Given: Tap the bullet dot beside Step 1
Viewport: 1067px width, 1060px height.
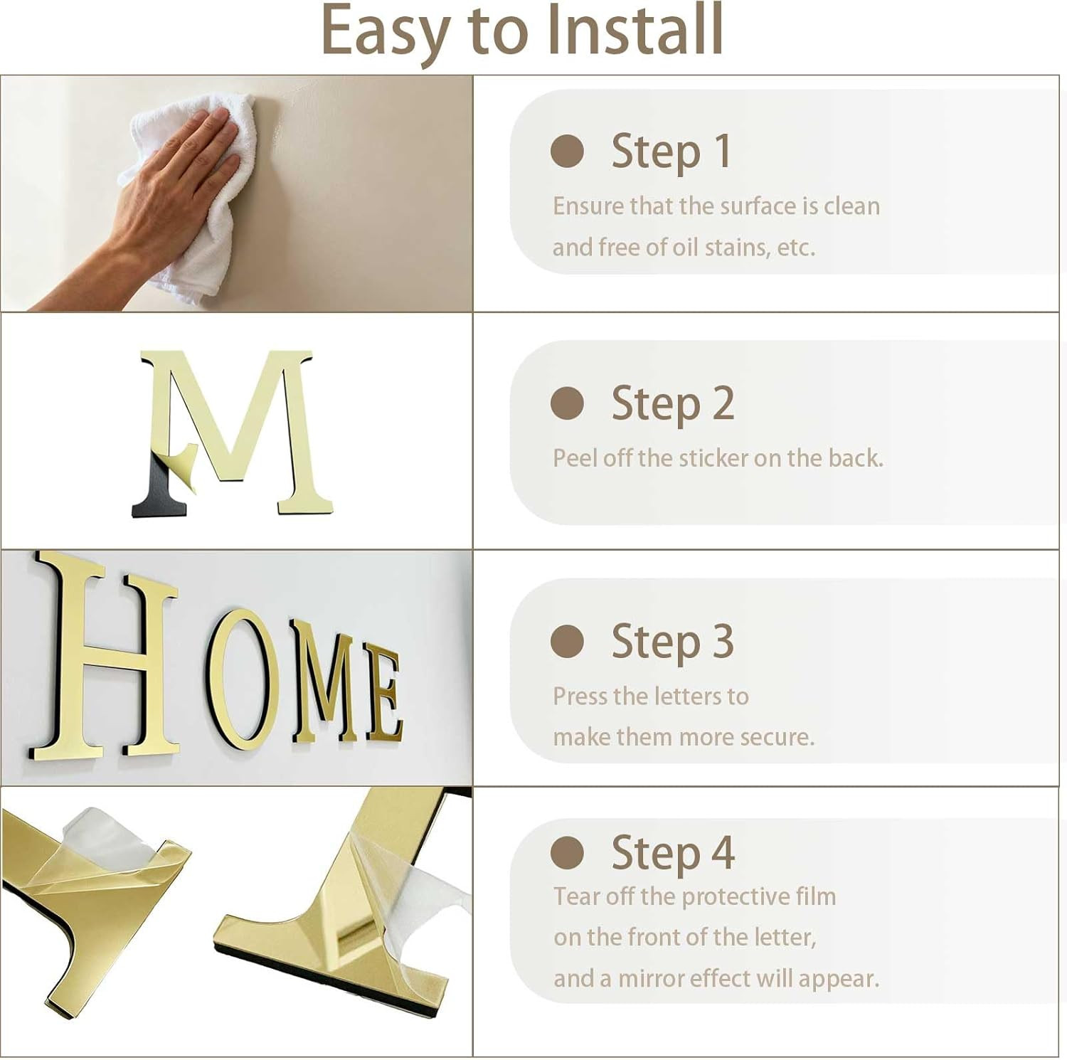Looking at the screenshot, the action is click(567, 151).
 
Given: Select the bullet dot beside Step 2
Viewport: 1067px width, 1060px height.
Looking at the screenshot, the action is click(567, 403).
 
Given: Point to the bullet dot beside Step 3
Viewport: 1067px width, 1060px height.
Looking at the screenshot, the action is click(567, 642).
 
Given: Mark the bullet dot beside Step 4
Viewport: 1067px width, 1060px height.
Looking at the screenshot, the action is click(567, 852).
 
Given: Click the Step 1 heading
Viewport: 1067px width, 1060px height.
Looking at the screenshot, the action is click(671, 152).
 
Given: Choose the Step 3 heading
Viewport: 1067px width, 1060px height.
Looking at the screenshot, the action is click(673, 642).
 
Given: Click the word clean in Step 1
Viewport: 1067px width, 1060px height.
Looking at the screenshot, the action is click(851, 206).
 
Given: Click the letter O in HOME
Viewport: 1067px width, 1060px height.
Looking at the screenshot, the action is click(238, 683).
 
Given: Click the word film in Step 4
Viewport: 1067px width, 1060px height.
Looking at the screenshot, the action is click(815, 896).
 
